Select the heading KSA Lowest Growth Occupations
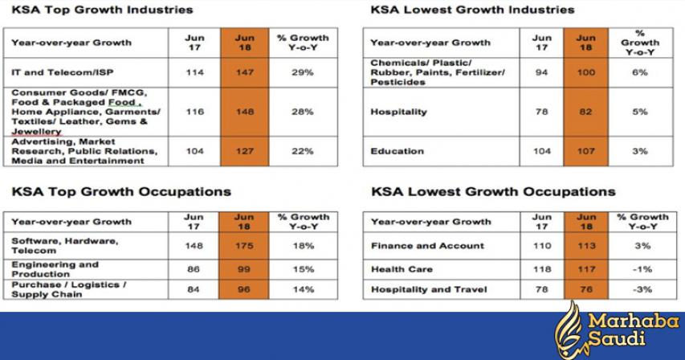click(x=492, y=192)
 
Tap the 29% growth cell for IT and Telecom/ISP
click(x=302, y=72)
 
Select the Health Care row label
click(x=402, y=269)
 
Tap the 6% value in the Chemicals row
click(x=639, y=72)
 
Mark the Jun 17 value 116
click(x=194, y=112)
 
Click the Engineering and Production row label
click(x=55, y=269)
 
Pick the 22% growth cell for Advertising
click(x=302, y=150)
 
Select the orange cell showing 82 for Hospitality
click(x=586, y=112)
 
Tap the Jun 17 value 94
click(x=542, y=72)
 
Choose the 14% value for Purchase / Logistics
click(x=302, y=289)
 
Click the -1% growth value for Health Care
click(x=639, y=269)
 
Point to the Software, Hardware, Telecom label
click(x=64, y=245)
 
